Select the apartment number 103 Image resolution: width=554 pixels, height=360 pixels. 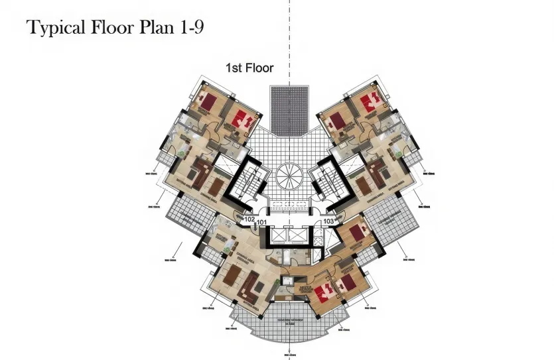click(328, 221)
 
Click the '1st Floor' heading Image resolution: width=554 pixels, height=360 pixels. click(250, 68)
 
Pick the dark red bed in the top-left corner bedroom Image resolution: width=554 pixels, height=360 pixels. click(209, 102)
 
